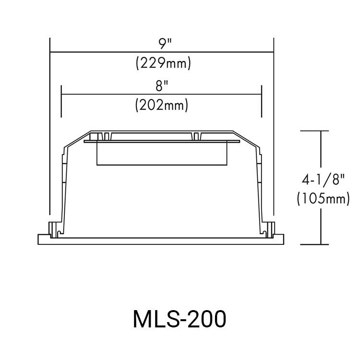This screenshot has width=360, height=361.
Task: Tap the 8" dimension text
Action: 162,86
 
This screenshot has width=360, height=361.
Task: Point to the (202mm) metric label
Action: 161,105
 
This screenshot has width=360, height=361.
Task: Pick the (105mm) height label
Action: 323,198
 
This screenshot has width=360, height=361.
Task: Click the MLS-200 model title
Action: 179,320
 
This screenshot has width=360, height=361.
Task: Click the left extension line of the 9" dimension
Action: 50,144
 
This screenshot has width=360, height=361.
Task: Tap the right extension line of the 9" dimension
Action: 273,144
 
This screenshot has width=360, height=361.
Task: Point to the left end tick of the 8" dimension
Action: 61,101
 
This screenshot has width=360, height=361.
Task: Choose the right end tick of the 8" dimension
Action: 262,101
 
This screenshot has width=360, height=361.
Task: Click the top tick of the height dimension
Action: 314,131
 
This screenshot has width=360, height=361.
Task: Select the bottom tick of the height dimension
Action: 314,244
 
